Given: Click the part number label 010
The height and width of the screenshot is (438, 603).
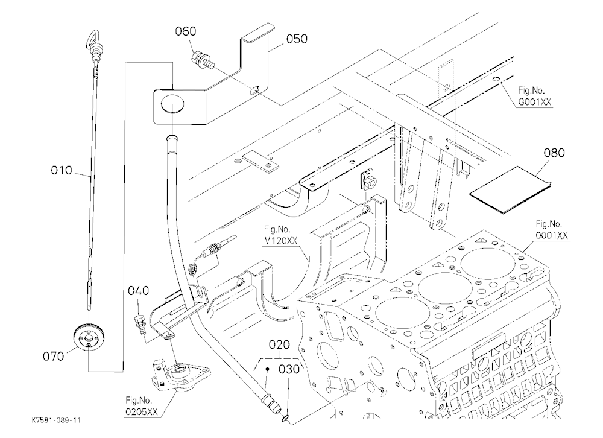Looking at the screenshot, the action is [62, 170].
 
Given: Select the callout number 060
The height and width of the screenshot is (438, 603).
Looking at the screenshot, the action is [186, 31].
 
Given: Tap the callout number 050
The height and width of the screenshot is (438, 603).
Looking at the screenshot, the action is [297, 39].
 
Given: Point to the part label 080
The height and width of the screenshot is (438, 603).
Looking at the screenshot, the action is [554, 153].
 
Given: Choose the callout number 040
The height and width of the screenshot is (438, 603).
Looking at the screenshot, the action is [139, 291].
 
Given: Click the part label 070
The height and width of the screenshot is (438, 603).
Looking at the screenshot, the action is [54, 357].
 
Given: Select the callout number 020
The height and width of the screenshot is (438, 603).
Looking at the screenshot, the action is [279, 344].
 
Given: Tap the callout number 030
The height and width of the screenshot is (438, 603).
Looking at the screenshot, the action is [289, 369].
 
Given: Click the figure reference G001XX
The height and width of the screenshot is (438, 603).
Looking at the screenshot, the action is [535, 102].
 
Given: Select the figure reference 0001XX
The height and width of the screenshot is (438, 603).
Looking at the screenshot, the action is [552, 235].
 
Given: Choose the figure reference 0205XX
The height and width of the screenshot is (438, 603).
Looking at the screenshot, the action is [142, 412].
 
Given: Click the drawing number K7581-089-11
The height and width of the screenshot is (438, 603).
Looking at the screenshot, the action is [56, 421].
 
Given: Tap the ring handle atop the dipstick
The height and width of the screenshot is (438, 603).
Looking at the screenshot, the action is [91, 39].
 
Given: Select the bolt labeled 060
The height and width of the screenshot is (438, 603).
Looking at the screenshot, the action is [201, 61].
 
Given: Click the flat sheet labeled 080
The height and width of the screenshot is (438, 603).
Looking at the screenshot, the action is [510, 189].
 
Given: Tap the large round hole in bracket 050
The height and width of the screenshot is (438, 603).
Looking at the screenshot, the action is [172, 104].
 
